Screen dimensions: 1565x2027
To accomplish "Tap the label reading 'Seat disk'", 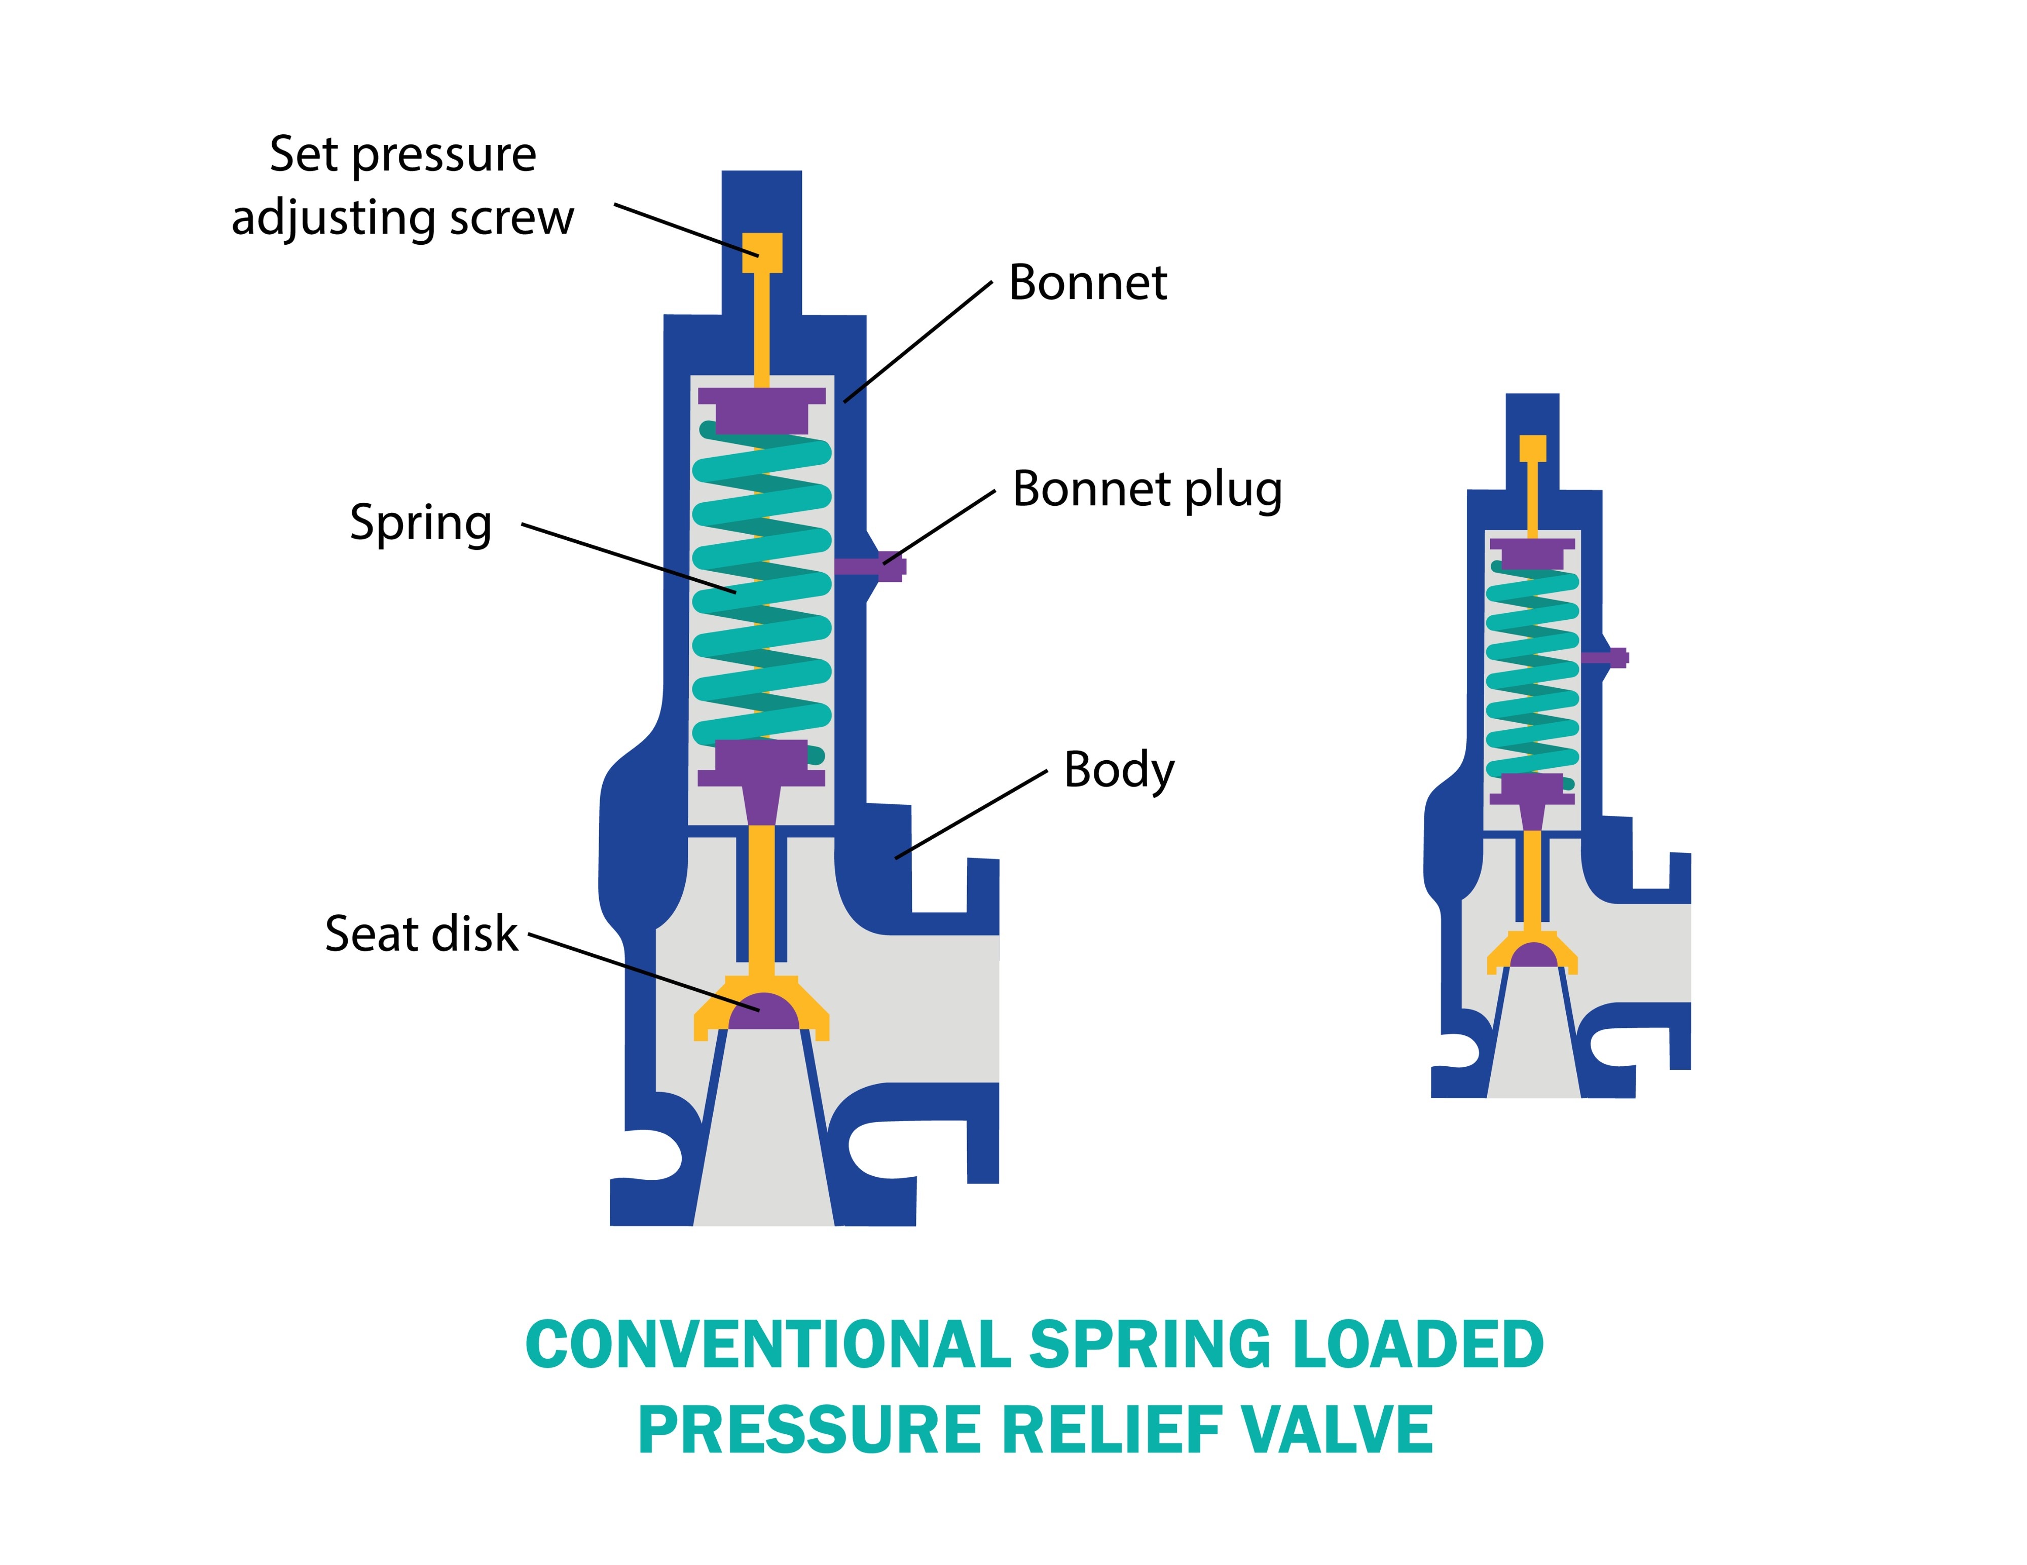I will click(x=420, y=934).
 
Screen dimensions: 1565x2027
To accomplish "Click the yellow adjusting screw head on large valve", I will click(x=762, y=251).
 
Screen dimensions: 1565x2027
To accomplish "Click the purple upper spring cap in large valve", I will click(x=762, y=408).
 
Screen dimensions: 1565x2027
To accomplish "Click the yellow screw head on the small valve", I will click(x=1532, y=449).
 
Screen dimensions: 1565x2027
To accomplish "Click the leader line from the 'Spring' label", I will click(x=629, y=558).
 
